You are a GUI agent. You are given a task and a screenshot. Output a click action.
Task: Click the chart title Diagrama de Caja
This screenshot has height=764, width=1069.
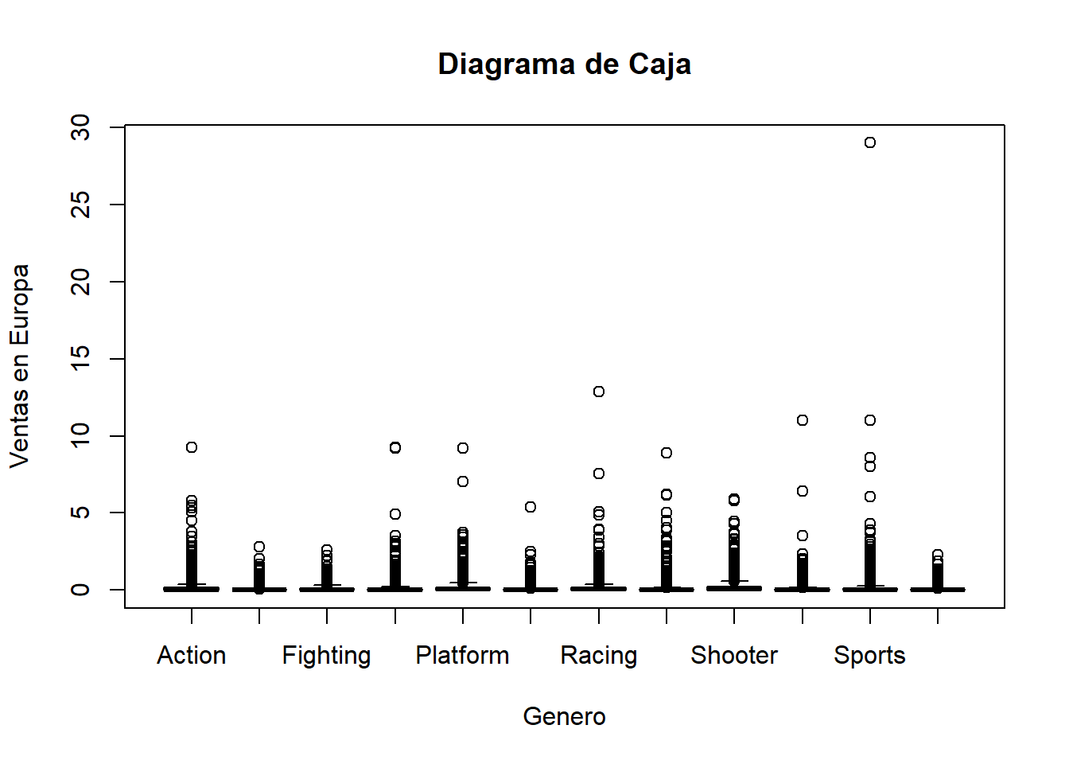pyautogui.click(x=564, y=64)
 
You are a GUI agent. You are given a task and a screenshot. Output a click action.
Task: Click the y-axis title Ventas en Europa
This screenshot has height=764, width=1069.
pyautogui.click(x=19, y=366)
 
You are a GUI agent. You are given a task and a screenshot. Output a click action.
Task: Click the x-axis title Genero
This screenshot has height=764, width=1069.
pyautogui.click(x=564, y=716)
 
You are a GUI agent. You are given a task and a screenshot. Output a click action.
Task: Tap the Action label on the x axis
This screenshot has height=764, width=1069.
pyautogui.click(x=192, y=655)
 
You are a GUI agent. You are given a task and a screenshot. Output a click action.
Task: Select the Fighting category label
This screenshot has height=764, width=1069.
pyautogui.click(x=326, y=655)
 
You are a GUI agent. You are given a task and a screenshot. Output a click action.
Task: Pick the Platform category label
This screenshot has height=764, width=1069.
pyautogui.click(x=462, y=655)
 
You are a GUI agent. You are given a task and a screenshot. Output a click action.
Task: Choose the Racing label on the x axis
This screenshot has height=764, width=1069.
pyautogui.click(x=599, y=655)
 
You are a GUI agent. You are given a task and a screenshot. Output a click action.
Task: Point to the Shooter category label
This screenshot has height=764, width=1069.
pyautogui.click(x=734, y=655)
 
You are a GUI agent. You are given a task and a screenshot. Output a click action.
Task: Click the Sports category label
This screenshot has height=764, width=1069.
pyautogui.click(x=869, y=655)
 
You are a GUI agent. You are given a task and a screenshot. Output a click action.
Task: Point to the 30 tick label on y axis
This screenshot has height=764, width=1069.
pyautogui.click(x=81, y=127)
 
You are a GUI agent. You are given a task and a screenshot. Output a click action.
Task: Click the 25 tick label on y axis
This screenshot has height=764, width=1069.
pyautogui.click(x=81, y=205)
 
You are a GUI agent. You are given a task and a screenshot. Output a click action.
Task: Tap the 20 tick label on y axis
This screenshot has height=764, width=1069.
pyautogui.click(x=81, y=282)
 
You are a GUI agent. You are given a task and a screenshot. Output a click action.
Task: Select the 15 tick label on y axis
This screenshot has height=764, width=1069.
pyautogui.click(x=81, y=359)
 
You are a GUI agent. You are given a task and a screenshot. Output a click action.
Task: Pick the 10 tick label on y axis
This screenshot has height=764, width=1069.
pyautogui.click(x=81, y=435)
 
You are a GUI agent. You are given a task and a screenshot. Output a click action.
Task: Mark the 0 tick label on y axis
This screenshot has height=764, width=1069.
pyautogui.click(x=81, y=590)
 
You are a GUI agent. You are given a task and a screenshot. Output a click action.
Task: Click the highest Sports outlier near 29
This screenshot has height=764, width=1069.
pyautogui.click(x=870, y=142)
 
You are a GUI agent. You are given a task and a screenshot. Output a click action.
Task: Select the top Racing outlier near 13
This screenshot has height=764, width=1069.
pyautogui.click(x=599, y=392)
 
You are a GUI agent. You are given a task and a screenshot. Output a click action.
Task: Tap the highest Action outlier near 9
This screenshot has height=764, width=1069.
pyautogui.click(x=192, y=447)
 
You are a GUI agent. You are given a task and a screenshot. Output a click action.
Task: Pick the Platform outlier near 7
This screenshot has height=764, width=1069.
pyautogui.click(x=463, y=481)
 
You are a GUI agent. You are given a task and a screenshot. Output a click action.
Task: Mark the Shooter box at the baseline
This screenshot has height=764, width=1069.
pyautogui.click(x=734, y=588)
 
